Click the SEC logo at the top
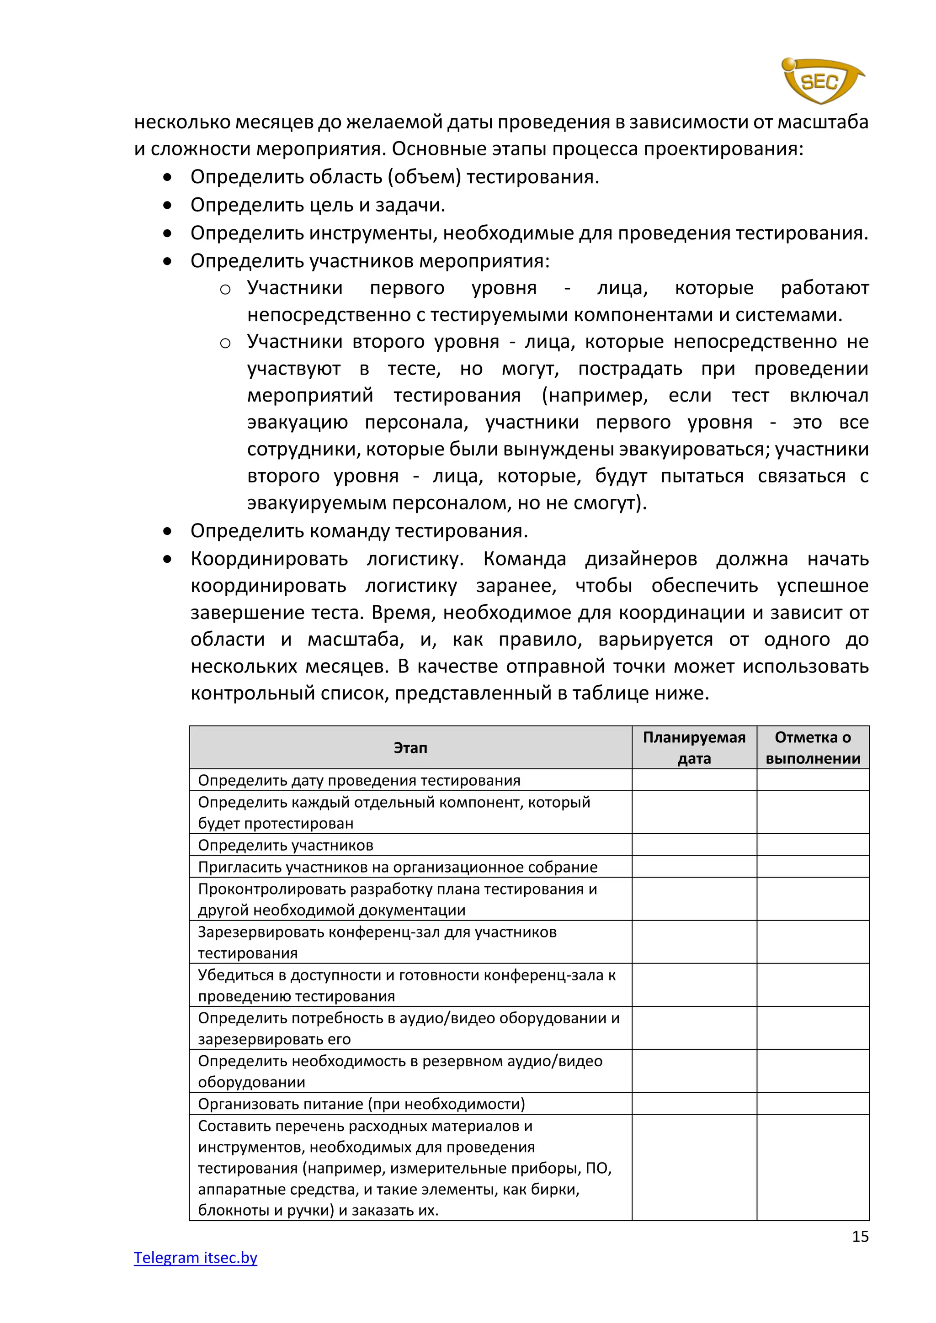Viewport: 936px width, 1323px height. pos(821,81)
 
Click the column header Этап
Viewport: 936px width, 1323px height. pos(410,747)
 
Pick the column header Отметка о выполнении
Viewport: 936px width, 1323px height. pos(813,747)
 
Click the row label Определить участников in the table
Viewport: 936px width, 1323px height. pos(285,845)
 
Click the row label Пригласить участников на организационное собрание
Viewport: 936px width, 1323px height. pos(398,867)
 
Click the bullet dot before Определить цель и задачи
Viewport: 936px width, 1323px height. pos(167,205)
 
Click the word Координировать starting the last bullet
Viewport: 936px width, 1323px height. pos(269,559)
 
